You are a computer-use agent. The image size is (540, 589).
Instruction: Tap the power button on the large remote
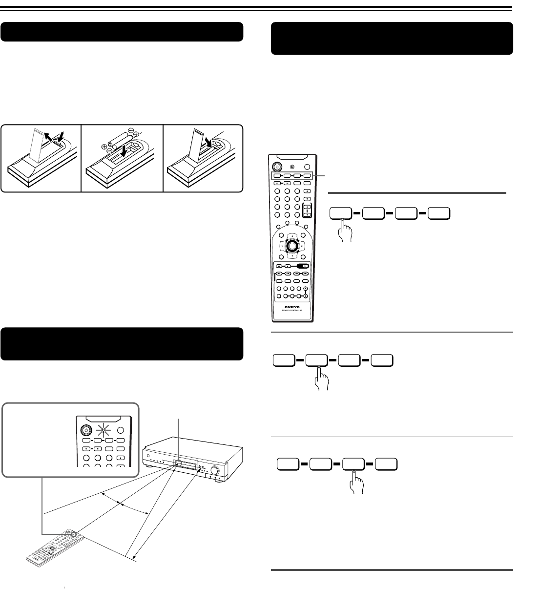(277, 165)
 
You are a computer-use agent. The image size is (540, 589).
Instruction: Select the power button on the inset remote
(86, 431)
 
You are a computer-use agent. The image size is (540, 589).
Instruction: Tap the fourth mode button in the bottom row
(386, 463)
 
